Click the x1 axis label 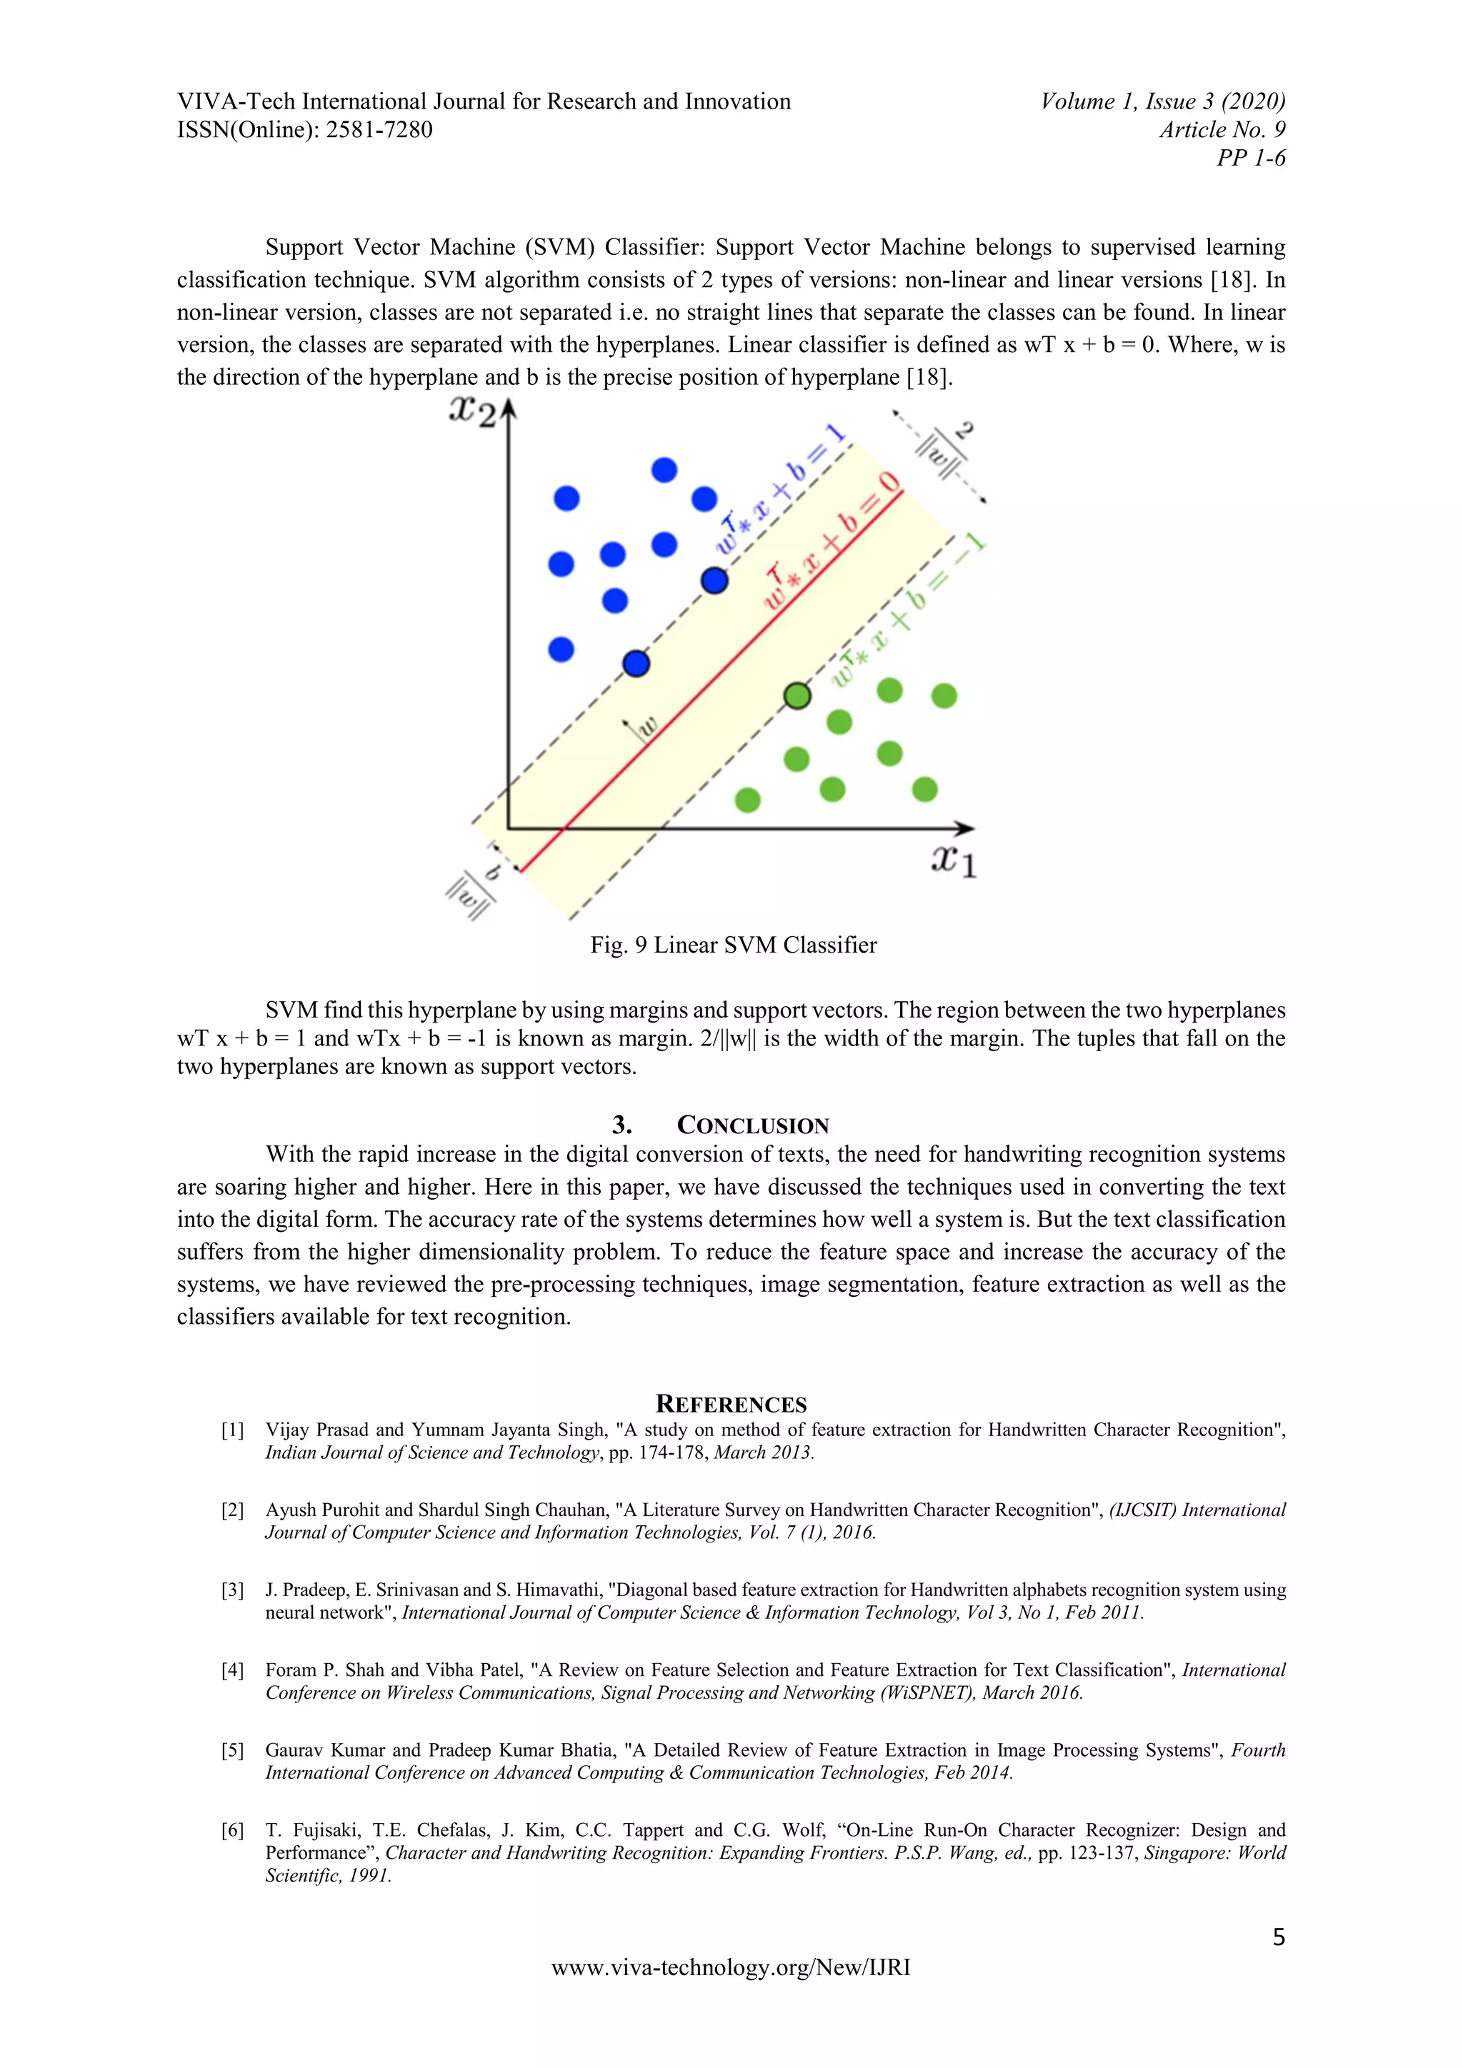[x=953, y=861]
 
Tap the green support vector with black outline [x=797, y=696]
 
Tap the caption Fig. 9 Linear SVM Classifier [x=734, y=945]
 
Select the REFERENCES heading [x=731, y=1404]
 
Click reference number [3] [x=232, y=1590]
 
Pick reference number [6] [x=232, y=1830]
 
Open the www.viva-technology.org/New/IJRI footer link [x=731, y=1968]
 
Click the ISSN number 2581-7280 [x=379, y=130]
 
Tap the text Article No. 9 [x=1222, y=130]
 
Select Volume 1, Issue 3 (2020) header [x=1162, y=101]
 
